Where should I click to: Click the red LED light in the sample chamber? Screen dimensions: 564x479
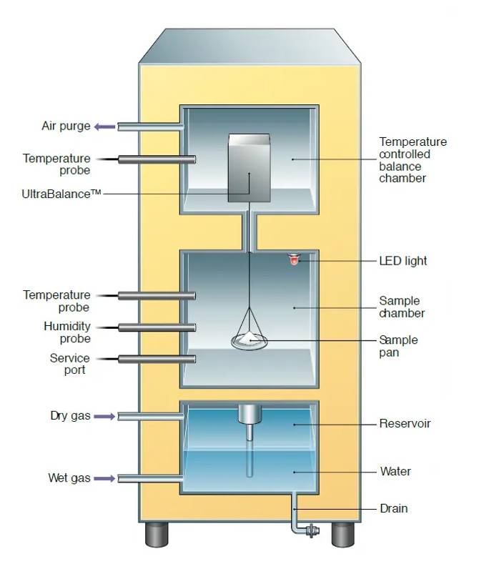click(x=293, y=259)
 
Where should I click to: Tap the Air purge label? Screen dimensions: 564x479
click(x=66, y=127)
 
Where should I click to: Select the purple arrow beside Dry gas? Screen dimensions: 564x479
click(x=104, y=415)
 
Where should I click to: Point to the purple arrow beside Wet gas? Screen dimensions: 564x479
click(x=104, y=478)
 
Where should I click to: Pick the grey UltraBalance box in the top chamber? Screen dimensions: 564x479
click(x=250, y=168)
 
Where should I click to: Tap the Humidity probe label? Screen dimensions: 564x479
click(x=67, y=332)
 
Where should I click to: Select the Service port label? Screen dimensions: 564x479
click(x=70, y=364)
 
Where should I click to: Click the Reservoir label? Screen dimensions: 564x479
click(x=405, y=424)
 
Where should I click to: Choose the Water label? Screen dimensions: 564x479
click(x=395, y=472)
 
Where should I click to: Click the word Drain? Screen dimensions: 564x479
click(x=393, y=509)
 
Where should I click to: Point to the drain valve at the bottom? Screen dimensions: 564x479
click(x=311, y=531)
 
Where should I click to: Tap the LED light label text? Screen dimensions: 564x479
click(x=403, y=261)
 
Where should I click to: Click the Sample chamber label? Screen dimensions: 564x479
click(x=402, y=307)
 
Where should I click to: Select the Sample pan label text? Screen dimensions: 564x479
click(x=398, y=346)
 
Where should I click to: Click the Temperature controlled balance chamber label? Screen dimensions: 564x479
click(x=413, y=160)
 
